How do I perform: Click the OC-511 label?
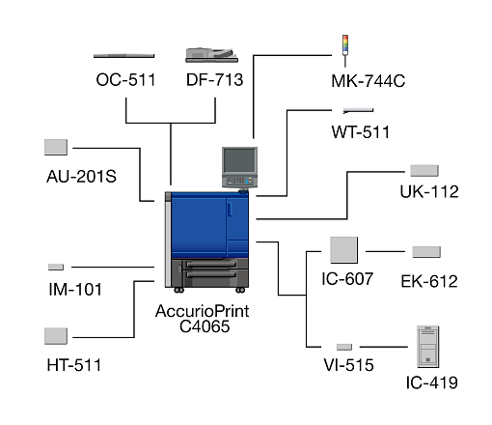coord(125,80)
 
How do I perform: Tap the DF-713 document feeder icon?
coord(212,55)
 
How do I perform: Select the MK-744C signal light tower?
coord(345,51)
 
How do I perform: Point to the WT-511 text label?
coord(360,132)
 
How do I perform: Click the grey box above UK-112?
coord(424,171)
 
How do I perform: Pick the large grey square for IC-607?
coord(343,250)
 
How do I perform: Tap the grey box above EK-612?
coord(426,252)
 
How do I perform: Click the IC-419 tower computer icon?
coord(427,347)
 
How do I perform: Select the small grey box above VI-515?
coord(344,347)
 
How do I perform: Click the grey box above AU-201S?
coord(56,147)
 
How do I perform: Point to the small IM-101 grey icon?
coord(56,267)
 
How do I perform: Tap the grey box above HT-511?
coord(56,336)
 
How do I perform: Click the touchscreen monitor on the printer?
coord(239,160)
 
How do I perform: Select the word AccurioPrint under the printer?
coord(203,311)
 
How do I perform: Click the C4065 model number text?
coord(205,326)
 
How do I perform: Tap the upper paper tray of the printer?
coord(211,265)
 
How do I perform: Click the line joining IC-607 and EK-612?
coord(385,251)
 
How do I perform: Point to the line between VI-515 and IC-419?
coord(384,347)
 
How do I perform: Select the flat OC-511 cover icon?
coord(123,56)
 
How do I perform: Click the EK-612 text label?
coord(429,281)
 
